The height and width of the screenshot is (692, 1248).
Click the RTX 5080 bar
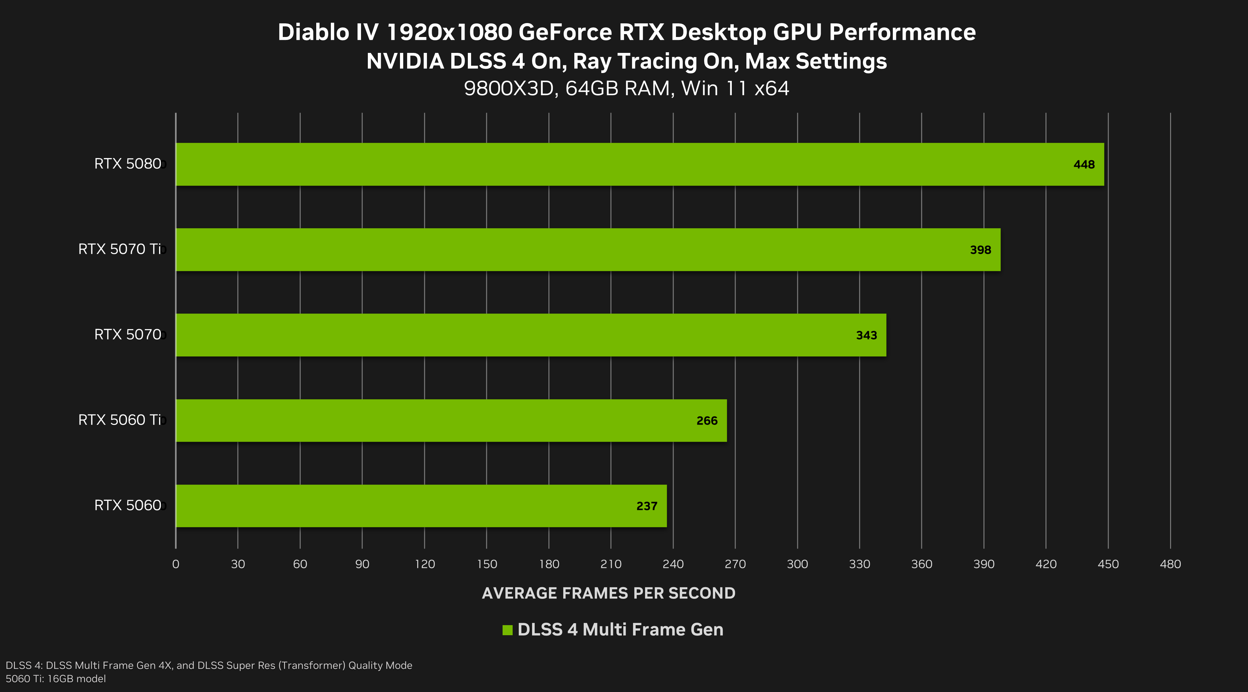(640, 164)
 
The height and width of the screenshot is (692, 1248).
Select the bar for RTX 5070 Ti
(588, 249)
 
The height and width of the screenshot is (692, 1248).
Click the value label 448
(1084, 165)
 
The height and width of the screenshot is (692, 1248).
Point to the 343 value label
(866, 335)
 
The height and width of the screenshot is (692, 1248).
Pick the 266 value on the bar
(707, 420)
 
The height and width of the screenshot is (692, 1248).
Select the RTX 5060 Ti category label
(119, 420)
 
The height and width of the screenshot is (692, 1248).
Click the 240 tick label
(673, 564)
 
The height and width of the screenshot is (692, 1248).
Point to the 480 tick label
(1170, 564)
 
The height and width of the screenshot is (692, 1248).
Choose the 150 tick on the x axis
(486, 564)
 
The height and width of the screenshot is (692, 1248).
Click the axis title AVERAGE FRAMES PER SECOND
(608, 593)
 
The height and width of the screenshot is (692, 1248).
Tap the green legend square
(507, 630)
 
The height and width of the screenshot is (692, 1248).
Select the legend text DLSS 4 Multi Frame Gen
(620, 630)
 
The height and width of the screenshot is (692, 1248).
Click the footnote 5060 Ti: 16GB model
(56, 678)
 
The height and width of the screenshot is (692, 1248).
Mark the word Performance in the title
(902, 32)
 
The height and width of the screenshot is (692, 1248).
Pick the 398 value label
(980, 250)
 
